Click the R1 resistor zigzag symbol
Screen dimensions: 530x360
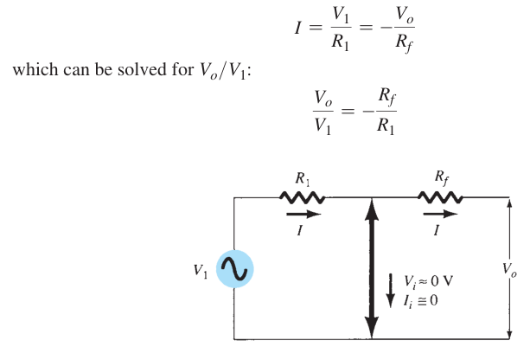click(303, 197)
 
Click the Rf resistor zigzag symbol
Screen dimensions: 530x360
click(440, 197)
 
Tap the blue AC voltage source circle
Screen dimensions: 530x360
click(234, 269)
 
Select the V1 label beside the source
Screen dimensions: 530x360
click(201, 271)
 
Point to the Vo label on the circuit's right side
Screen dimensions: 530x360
click(509, 270)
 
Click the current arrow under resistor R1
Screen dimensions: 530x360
click(303, 214)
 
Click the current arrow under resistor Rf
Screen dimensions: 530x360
click(440, 214)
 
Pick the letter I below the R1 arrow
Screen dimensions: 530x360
click(299, 231)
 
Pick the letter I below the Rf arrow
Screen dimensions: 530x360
click(437, 231)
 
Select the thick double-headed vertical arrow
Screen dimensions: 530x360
click(372, 268)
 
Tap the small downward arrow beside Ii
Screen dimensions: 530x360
click(391, 291)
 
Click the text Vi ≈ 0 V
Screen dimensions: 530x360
click(428, 281)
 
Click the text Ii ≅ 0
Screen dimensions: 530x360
click(420, 301)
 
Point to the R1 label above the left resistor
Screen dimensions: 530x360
click(303, 178)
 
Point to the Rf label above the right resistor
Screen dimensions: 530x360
click(442, 178)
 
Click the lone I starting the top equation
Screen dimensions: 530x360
click(297, 28)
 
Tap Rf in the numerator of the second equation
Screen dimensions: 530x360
click(387, 96)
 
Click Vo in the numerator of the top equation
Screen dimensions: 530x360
click(405, 15)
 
